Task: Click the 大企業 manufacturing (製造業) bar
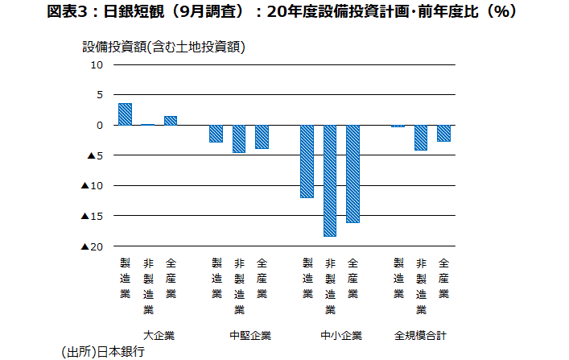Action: tap(125, 114)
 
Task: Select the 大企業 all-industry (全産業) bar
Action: tap(171, 121)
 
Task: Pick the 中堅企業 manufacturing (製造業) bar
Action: tap(216, 134)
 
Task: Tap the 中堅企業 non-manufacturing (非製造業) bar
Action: tap(239, 139)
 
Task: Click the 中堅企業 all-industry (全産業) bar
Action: tap(262, 137)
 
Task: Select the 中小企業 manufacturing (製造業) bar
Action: tap(307, 161)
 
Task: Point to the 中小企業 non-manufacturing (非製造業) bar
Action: tap(330, 180)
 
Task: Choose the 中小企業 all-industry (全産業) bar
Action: tap(353, 174)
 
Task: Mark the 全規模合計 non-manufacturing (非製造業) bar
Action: tap(421, 138)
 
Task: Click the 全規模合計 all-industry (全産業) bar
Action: tap(443, 133)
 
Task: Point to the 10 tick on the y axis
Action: tap(96, 64)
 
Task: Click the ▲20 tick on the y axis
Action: tap(92, 246)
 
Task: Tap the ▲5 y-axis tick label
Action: tap(94, 155)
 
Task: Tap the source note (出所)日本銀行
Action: tap(101, 351)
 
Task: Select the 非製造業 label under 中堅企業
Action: tap(239, 285)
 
